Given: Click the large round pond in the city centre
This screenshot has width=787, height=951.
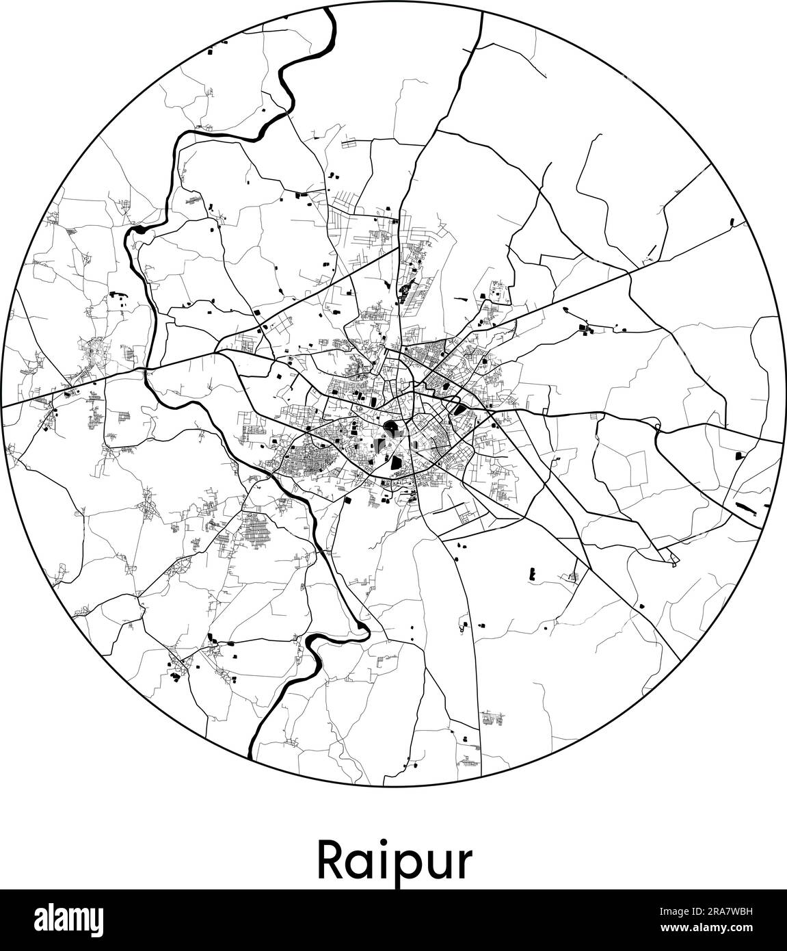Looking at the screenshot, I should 392,430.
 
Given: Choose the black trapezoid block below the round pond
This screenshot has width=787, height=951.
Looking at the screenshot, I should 397,465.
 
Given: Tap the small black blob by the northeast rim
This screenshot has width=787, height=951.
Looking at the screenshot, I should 732,222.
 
